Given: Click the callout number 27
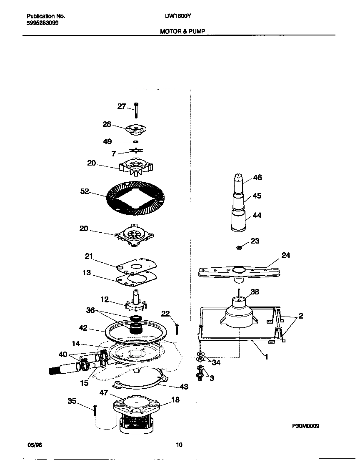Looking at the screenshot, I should pos(121,106).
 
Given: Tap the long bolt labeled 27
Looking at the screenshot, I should pos(136,111).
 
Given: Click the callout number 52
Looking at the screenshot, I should pos(85,191).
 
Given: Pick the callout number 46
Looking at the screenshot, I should pos(257,178).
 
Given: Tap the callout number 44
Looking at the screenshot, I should pos(257,215).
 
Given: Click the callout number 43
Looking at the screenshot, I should pos(183,387).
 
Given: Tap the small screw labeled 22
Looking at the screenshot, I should pos(177,329).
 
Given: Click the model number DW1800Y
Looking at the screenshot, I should pos(178,16).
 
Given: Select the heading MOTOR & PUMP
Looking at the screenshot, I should pos(182,31).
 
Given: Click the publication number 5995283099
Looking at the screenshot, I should pos(42,23).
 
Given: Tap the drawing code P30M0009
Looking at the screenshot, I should pos(305,426).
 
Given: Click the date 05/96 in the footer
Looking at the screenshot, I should pos(34,445).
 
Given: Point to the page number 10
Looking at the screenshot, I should pos(179,445).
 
